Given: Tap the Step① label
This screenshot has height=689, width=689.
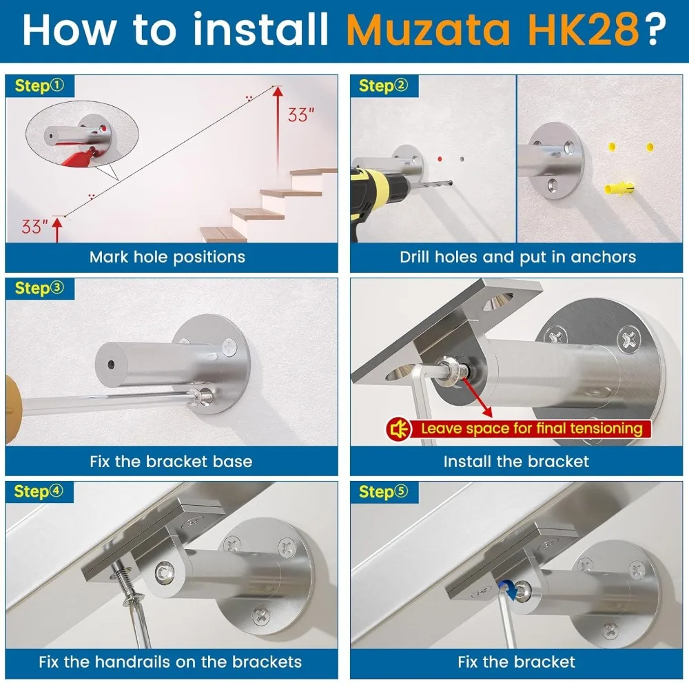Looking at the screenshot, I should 39,86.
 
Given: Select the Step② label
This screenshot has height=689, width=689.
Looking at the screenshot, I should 384,86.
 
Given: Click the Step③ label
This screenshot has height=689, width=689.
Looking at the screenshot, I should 39,288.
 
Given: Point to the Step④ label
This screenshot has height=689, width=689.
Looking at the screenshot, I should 39,491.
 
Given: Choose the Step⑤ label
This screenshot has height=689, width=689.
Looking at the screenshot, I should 384,491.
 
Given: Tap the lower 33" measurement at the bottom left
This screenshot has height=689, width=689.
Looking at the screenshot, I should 34,226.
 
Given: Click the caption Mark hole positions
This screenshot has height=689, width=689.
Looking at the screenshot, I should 167,258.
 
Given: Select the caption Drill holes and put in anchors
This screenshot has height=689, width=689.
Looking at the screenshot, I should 517,258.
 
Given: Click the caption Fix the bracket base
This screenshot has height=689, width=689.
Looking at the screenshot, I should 171,461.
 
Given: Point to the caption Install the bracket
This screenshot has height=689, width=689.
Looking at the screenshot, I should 516,461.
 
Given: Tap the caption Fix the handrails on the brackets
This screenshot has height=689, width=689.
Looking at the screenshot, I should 170,662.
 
